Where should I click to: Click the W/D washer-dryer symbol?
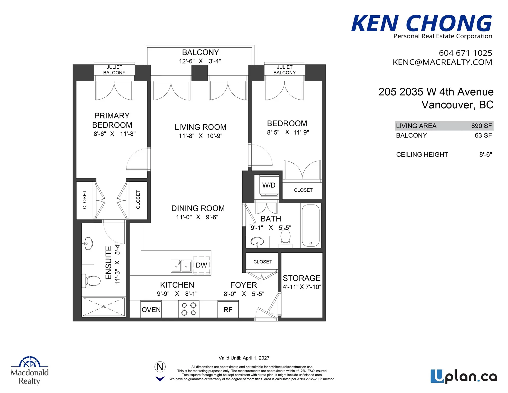click(269, 185)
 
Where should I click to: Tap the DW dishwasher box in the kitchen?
click(202, 265)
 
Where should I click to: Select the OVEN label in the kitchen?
click(151, 310)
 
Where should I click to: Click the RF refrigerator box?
click(228, 309)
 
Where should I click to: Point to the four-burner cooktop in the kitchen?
click(189, 309)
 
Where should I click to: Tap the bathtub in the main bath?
click(311, 225)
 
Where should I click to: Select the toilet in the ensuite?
click(92, 281)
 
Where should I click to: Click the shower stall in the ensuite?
click(103, 306)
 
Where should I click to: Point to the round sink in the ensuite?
click(88, 243)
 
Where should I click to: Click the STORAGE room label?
click(301, 278)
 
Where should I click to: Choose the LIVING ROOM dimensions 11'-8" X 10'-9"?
click(200, 136)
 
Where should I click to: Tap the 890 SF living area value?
click(481, 126)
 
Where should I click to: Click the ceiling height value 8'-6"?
click(486, 154)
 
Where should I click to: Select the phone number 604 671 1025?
click(465, 53)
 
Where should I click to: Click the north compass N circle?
click(160, 367)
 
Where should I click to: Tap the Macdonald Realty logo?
click(30, 371)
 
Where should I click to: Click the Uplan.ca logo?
click(464, 377)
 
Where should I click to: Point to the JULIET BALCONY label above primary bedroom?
click(114, 70)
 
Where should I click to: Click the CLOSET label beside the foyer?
click(262, 262)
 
